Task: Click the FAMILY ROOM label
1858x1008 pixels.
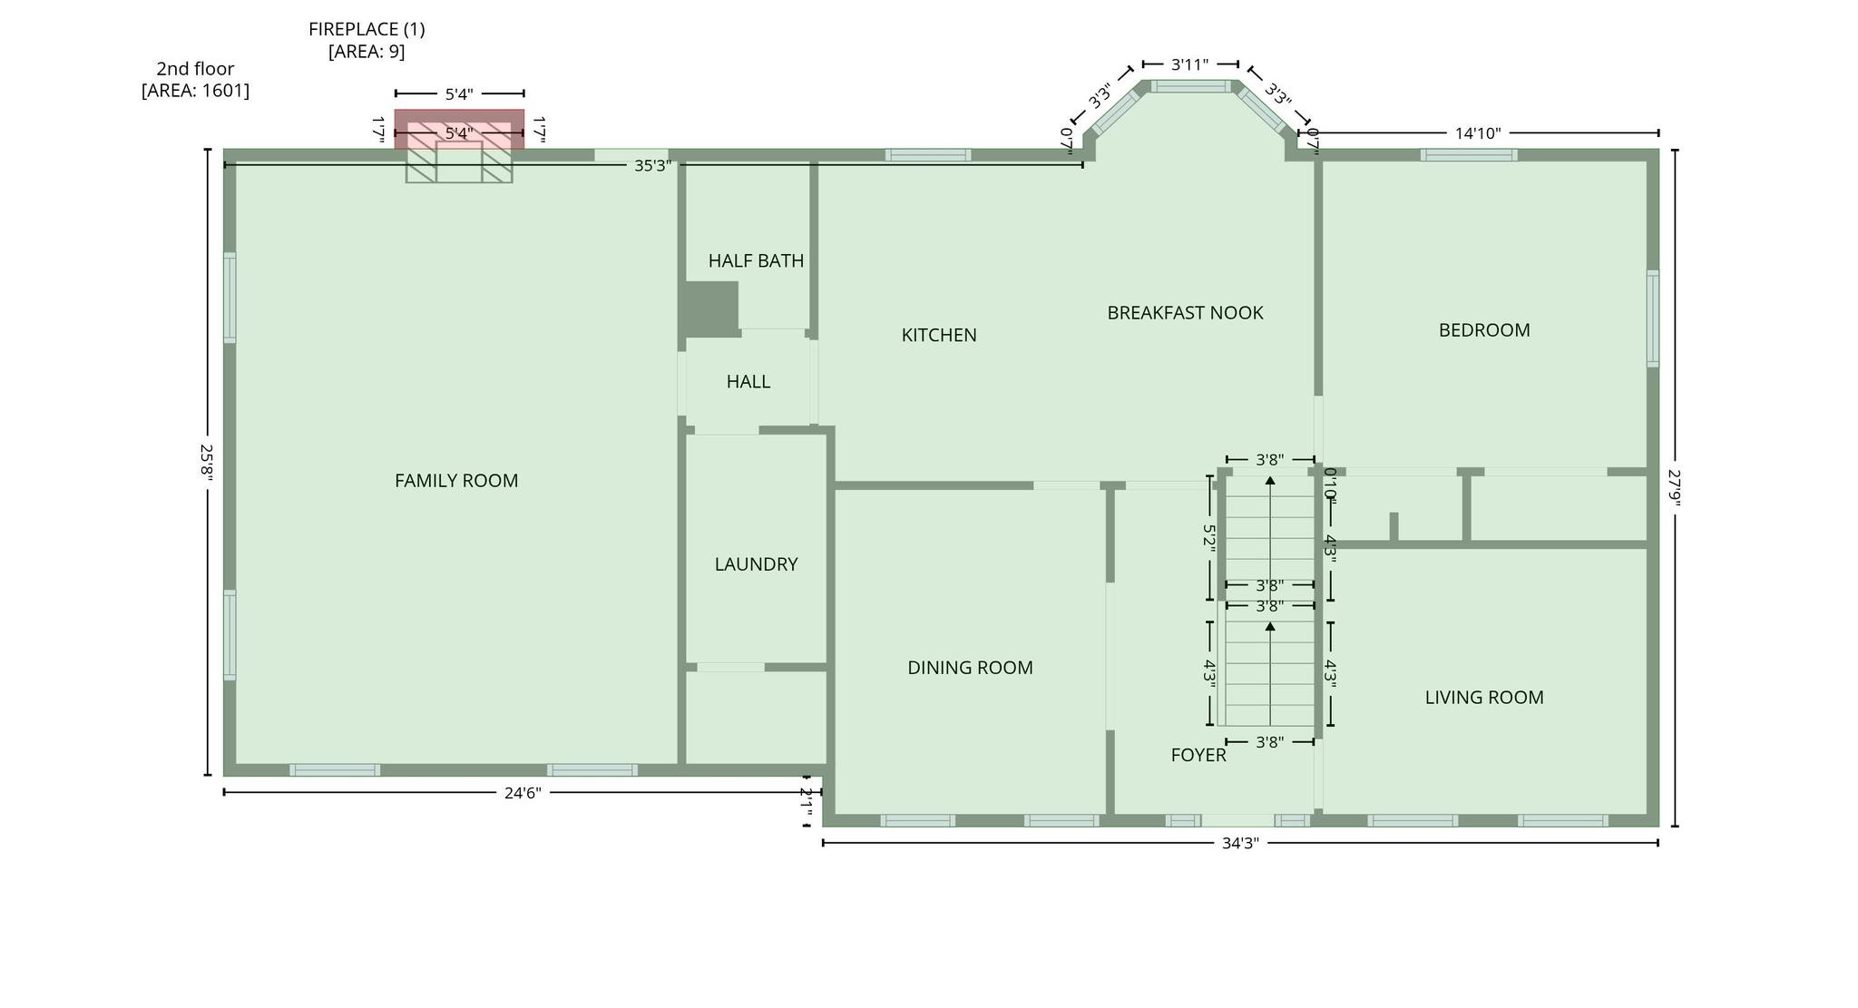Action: pos(456,481)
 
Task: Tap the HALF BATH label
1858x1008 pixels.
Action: pos(756,261)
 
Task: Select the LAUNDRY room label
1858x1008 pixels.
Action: pos(756,564)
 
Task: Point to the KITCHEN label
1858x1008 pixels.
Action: pos(939,336)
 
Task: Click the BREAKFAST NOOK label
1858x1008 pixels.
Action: pos(1185,313)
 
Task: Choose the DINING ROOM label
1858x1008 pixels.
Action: pos(970,668)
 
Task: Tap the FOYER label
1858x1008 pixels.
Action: pos(1198,755)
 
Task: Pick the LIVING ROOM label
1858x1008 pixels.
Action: pos(1483,698)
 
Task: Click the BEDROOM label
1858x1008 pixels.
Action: pos(1483,330)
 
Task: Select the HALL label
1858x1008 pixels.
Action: pos(748,382)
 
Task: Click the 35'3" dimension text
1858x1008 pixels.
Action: pos(652,166)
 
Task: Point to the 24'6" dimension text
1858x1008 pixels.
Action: pos(523,793)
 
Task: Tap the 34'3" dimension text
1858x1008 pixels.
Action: pos(1240,844)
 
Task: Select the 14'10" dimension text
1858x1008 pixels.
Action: pos(1478,133)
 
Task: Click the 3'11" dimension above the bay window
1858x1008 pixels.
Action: pos(1189,64)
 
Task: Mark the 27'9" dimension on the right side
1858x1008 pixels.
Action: pos(1675,487)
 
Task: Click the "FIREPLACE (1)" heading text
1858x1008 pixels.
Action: pos(367,29)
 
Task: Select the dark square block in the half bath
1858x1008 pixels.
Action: pos(711,308)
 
